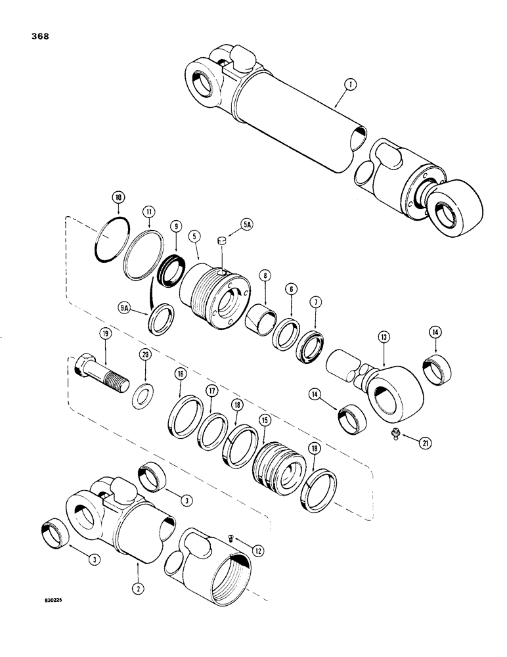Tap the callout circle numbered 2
pyautogui.click(x=138, y=570)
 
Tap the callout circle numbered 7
pyautogui.click(x=315, y=303)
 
